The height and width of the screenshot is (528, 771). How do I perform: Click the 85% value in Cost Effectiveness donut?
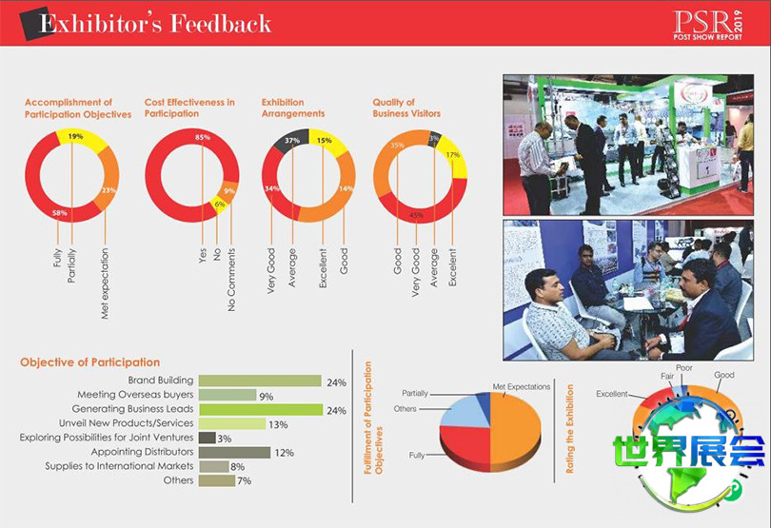pos(202,138)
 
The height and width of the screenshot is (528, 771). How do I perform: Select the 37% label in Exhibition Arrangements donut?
pos(293,141)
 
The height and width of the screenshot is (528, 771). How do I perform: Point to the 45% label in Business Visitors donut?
pos(416,214)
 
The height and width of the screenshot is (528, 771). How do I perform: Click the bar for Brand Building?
pos(259,381)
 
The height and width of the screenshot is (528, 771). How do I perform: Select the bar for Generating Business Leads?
pos(259,409)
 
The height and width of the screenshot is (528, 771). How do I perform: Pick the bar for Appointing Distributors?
pos(234,452)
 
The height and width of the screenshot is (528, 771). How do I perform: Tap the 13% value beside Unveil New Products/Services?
pos(278,424)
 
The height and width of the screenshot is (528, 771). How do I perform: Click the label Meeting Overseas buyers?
pos(135,395)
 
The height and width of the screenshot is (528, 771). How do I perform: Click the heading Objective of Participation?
pos(89,362)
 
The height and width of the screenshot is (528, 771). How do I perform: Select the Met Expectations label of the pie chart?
pos(522,387)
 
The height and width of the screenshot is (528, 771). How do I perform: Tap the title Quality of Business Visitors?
pos(406,108)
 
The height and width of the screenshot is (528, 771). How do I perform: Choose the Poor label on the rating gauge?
pos(684,366)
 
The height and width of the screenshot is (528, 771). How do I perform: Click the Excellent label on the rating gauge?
pos(612,394)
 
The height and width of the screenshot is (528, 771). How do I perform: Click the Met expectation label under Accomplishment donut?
pos(105,283)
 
